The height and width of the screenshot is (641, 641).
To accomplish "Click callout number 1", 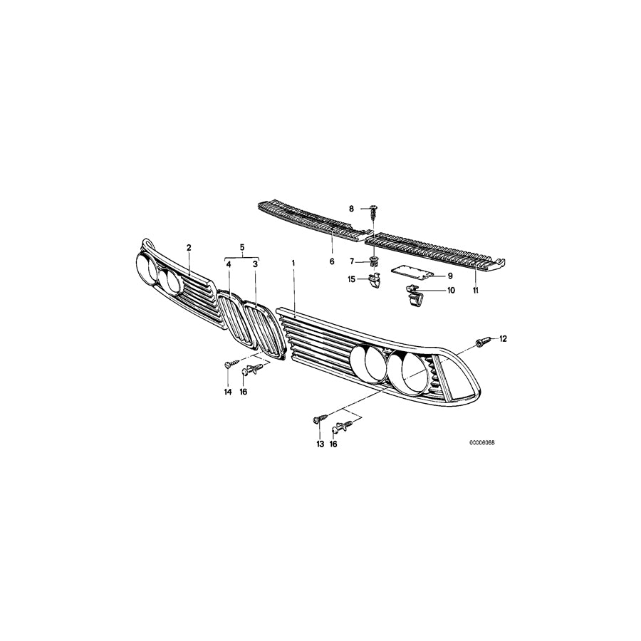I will coord(293,263).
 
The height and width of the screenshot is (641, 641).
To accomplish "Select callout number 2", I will coord(189,248).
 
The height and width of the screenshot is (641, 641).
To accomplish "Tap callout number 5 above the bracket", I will coord(242,247).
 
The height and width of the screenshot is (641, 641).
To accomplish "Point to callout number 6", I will coord(331,262).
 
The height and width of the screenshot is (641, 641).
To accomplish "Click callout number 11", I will coord(476,291).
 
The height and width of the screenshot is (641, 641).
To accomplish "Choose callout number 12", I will coord(503,338).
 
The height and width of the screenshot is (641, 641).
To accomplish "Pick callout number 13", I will coord(320,444).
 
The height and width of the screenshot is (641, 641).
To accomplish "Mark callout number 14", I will coord(228,392).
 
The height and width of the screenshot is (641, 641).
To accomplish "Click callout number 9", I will coord(450,276).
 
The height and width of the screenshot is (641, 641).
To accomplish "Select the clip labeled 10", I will coord(414,293).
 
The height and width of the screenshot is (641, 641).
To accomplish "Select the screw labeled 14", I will coord(226,365).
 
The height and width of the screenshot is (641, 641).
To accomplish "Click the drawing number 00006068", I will coord(481,442).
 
